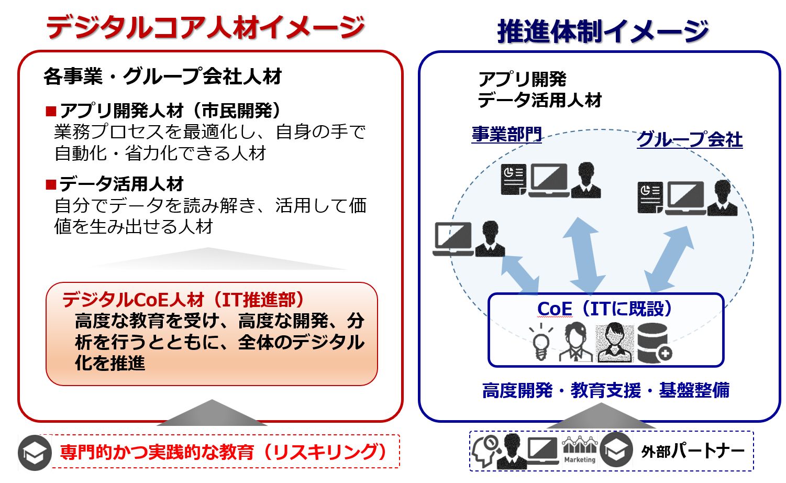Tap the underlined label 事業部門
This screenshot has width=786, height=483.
click(x=506, y=134)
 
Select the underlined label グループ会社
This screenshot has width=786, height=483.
click(x=689, y=139)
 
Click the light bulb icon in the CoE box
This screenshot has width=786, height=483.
click(x=540, y=342)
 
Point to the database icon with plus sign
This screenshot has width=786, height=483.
click(x=654, y=343)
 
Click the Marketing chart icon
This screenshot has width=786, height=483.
click(x=579, y=450)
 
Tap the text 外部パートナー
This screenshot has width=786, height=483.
click(x=692, y=451)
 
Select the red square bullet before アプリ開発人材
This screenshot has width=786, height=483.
click(x=51, y=111)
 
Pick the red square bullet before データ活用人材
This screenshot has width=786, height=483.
click(x=51, y=184)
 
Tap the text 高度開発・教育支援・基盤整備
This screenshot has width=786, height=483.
click(x=605, y=390)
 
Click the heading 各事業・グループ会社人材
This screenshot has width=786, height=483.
click(x=163, y=77)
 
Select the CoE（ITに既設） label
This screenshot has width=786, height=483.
click(x=605, y=309)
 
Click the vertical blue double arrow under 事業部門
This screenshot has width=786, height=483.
click(x=584, y=255)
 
